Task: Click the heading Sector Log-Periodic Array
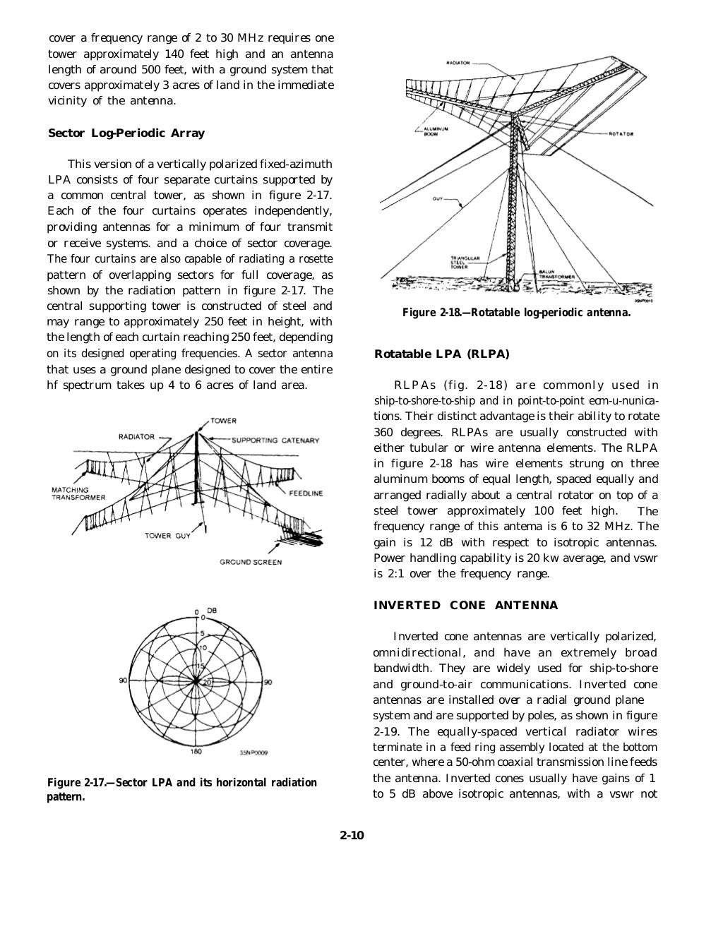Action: (x=126, y=133)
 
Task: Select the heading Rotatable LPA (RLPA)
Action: (x=441, y=354)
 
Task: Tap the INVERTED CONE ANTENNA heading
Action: (x=465, y=605)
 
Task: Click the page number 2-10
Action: (x=351, y=836)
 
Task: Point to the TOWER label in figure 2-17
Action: (x=223, y=421)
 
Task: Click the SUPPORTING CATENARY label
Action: (x=275, y=440)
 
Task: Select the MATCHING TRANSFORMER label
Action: (x=78, y=493)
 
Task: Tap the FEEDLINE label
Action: (x=305, y=493)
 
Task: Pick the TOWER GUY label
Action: (x=168, y=536)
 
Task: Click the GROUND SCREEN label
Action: (x=251, y=562)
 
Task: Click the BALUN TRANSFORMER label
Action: (x=558, y=275)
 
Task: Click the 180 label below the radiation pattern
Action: (x=196, y=751)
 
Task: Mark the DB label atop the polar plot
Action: (x=211, y=610)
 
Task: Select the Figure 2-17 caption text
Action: (x=181, y=790)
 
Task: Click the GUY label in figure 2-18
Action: (x=438, y=199)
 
